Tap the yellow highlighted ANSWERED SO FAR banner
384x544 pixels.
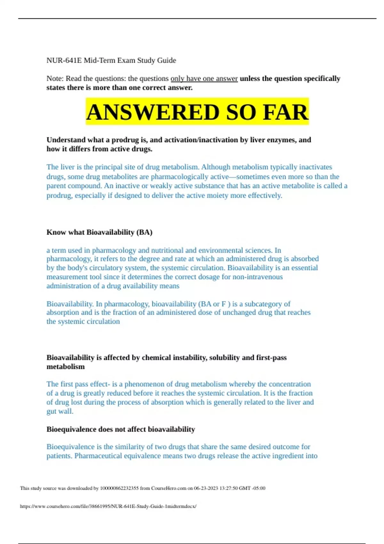pyautogui.click(x=197, y=112)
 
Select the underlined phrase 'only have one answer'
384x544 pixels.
pyautogui.click(x=204, y=79)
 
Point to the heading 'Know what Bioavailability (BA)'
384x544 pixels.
pyautogui.click(x=99, y=232)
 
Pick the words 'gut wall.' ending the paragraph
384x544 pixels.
pyautogui.click(x=60, y=412)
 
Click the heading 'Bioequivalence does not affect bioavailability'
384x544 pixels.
pyautogui.click(x=121, y=429)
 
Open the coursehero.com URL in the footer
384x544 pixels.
pyautogui.click(x=108, y=506)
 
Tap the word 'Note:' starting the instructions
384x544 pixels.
pyautogui.click(x=55, y=79)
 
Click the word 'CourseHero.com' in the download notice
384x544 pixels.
pyautogui.click(x=169, y=488)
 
